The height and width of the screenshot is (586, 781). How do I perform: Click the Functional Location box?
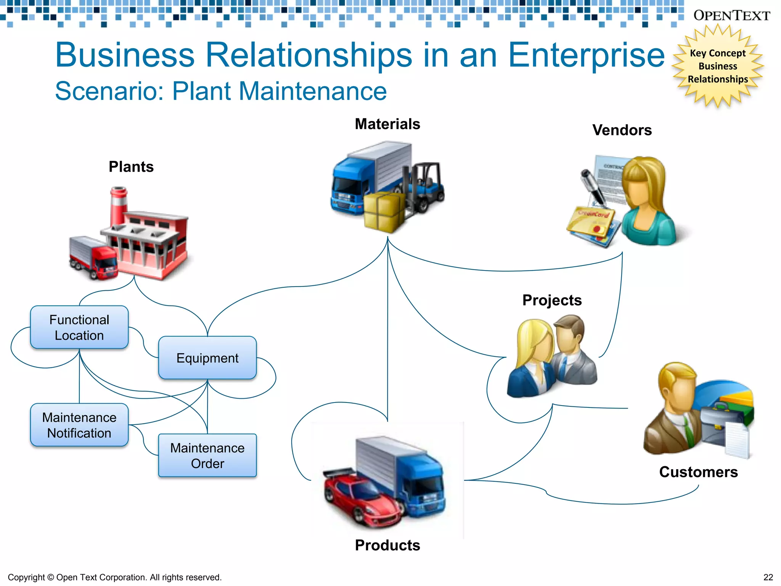point(79,327)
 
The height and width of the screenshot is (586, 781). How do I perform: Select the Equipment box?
point(207,358)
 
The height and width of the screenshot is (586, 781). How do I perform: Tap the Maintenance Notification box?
point(79,425)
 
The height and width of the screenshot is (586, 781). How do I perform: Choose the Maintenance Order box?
point(207,456)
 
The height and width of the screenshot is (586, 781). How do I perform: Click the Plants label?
point(131,167)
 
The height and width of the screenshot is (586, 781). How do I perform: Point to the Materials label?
point(387,124)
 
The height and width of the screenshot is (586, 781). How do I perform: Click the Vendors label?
point(622,130)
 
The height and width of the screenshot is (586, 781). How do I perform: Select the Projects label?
point(552,300)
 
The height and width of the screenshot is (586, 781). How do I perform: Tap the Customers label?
point(698,472)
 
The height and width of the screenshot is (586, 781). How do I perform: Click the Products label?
point(387,545)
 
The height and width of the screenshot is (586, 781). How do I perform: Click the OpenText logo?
point(731,15)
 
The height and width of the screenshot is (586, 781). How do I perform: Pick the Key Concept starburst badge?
point(718,66)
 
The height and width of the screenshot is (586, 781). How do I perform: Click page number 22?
point(768,577)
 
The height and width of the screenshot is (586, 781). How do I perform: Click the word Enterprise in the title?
point(587,55)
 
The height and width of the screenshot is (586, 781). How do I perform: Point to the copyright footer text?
point(114,577)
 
